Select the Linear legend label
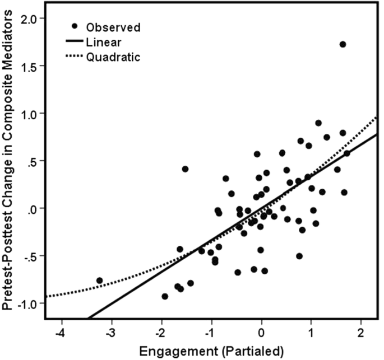point(104,41)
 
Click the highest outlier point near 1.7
point(343,44)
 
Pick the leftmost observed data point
point(99,280)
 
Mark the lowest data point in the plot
point(165,296)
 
